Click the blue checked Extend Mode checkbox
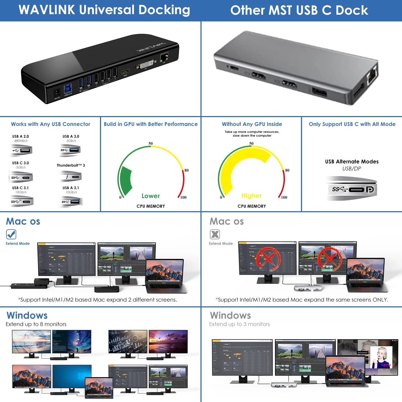click(x=11, y=234)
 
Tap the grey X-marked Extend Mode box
click(x=215, y=234)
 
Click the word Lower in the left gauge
click(x=151, y=196)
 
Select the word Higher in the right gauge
click(x=251, y=196)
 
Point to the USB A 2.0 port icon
click(x=21, y=150)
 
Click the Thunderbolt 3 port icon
click(x=70, y=177)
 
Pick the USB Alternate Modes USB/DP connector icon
click(x=352, y=189)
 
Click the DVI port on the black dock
click(x=146, y=65)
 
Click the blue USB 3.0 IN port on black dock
click(x=68, y=88)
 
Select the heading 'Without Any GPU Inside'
click(x=252, y=124)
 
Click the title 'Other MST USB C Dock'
click(x=299, y=10)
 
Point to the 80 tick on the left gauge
click(x=187, y=170)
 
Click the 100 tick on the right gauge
click(x=284, y=197)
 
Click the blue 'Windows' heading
click(x=27, y=315)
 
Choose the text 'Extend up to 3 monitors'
click(x=239, y=324)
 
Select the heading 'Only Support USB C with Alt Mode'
click(x=352, y=124)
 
